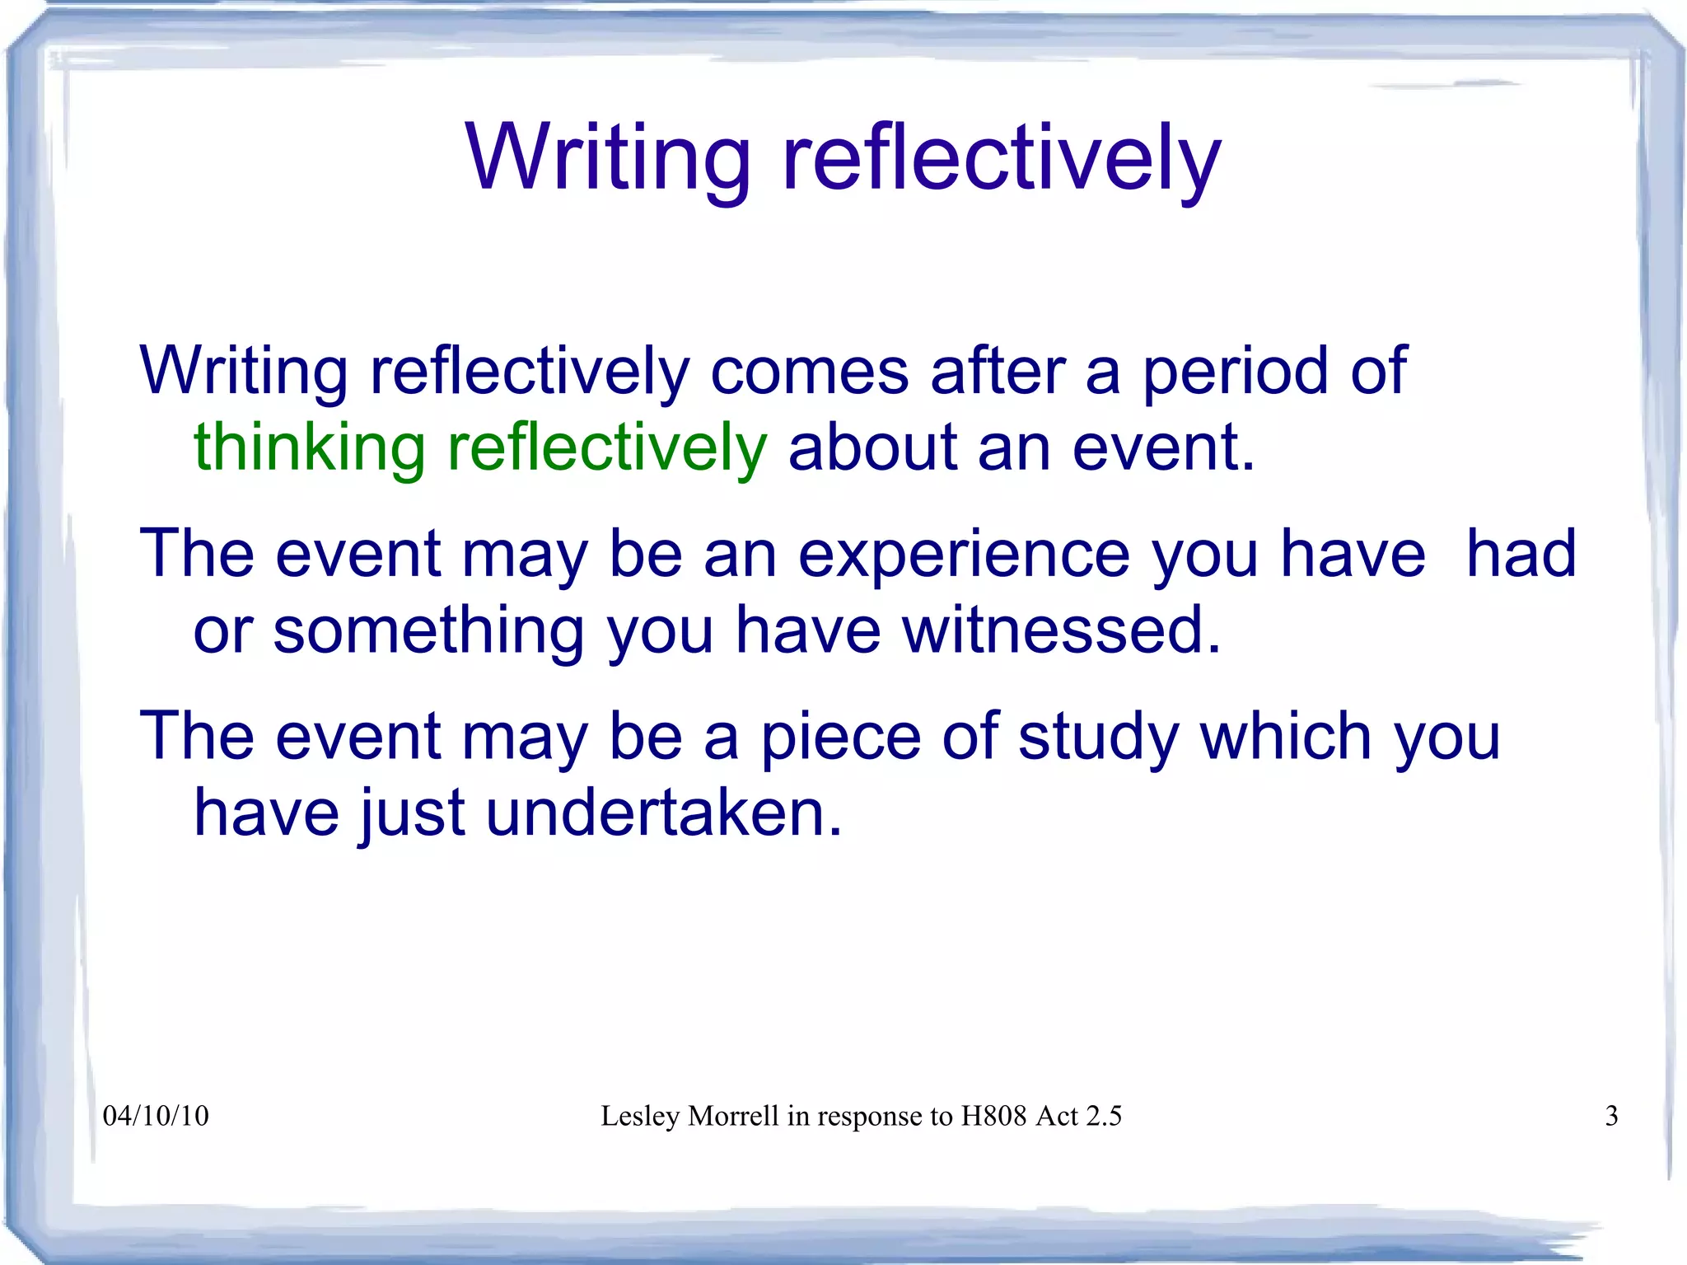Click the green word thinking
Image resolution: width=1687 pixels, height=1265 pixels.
click(309, 448)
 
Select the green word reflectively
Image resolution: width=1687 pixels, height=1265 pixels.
click(607, 448)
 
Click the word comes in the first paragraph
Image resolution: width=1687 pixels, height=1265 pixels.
click(809, 372)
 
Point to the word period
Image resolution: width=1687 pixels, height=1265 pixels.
click(1235, 372)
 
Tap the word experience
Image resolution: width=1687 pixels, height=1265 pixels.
click(964, 554)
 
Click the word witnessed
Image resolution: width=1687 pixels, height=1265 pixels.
click(1061, 630)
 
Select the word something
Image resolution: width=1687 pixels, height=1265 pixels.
click(428, 630)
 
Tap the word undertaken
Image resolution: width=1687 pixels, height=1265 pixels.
click(664, 813)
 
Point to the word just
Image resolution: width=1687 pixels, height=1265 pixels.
click(412, 813)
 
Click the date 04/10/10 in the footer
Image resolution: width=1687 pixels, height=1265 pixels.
click(156, 1116)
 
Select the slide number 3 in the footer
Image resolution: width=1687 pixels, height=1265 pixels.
click(1611, 1116)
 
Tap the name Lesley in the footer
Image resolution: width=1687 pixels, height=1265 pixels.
click(640, 1116)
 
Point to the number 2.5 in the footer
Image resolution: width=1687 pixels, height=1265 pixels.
click(1104, 1116)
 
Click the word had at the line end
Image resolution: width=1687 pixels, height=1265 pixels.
click(1521, 554)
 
